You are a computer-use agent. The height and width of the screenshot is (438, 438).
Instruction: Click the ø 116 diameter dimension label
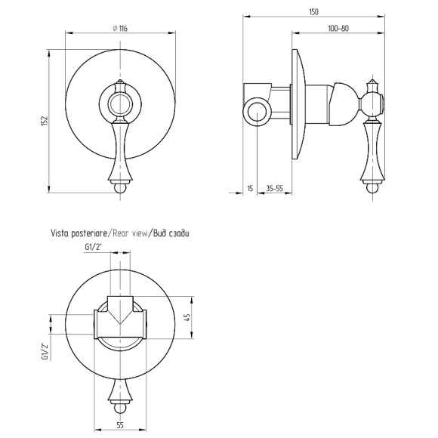[x=120, y=28]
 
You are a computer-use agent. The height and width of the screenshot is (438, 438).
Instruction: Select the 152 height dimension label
[x=45, y=122]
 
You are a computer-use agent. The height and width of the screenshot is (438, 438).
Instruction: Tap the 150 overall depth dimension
[x=313, y=12]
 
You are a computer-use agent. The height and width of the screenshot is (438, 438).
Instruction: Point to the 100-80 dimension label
[x=338, y=29]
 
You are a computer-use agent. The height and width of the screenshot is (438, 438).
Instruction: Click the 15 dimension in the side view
[x=250, y=188]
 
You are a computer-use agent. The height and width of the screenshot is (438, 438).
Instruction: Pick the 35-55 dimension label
[x=274, y=189]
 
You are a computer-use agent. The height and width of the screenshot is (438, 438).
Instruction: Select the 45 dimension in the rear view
[x=187, y=317]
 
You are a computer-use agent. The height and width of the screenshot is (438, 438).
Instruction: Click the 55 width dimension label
[x=120, y=425]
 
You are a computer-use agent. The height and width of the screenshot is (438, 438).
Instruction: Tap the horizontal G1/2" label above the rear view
[x=94, y=247]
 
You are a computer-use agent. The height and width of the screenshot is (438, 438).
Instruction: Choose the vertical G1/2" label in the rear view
[x=45, y=351]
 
